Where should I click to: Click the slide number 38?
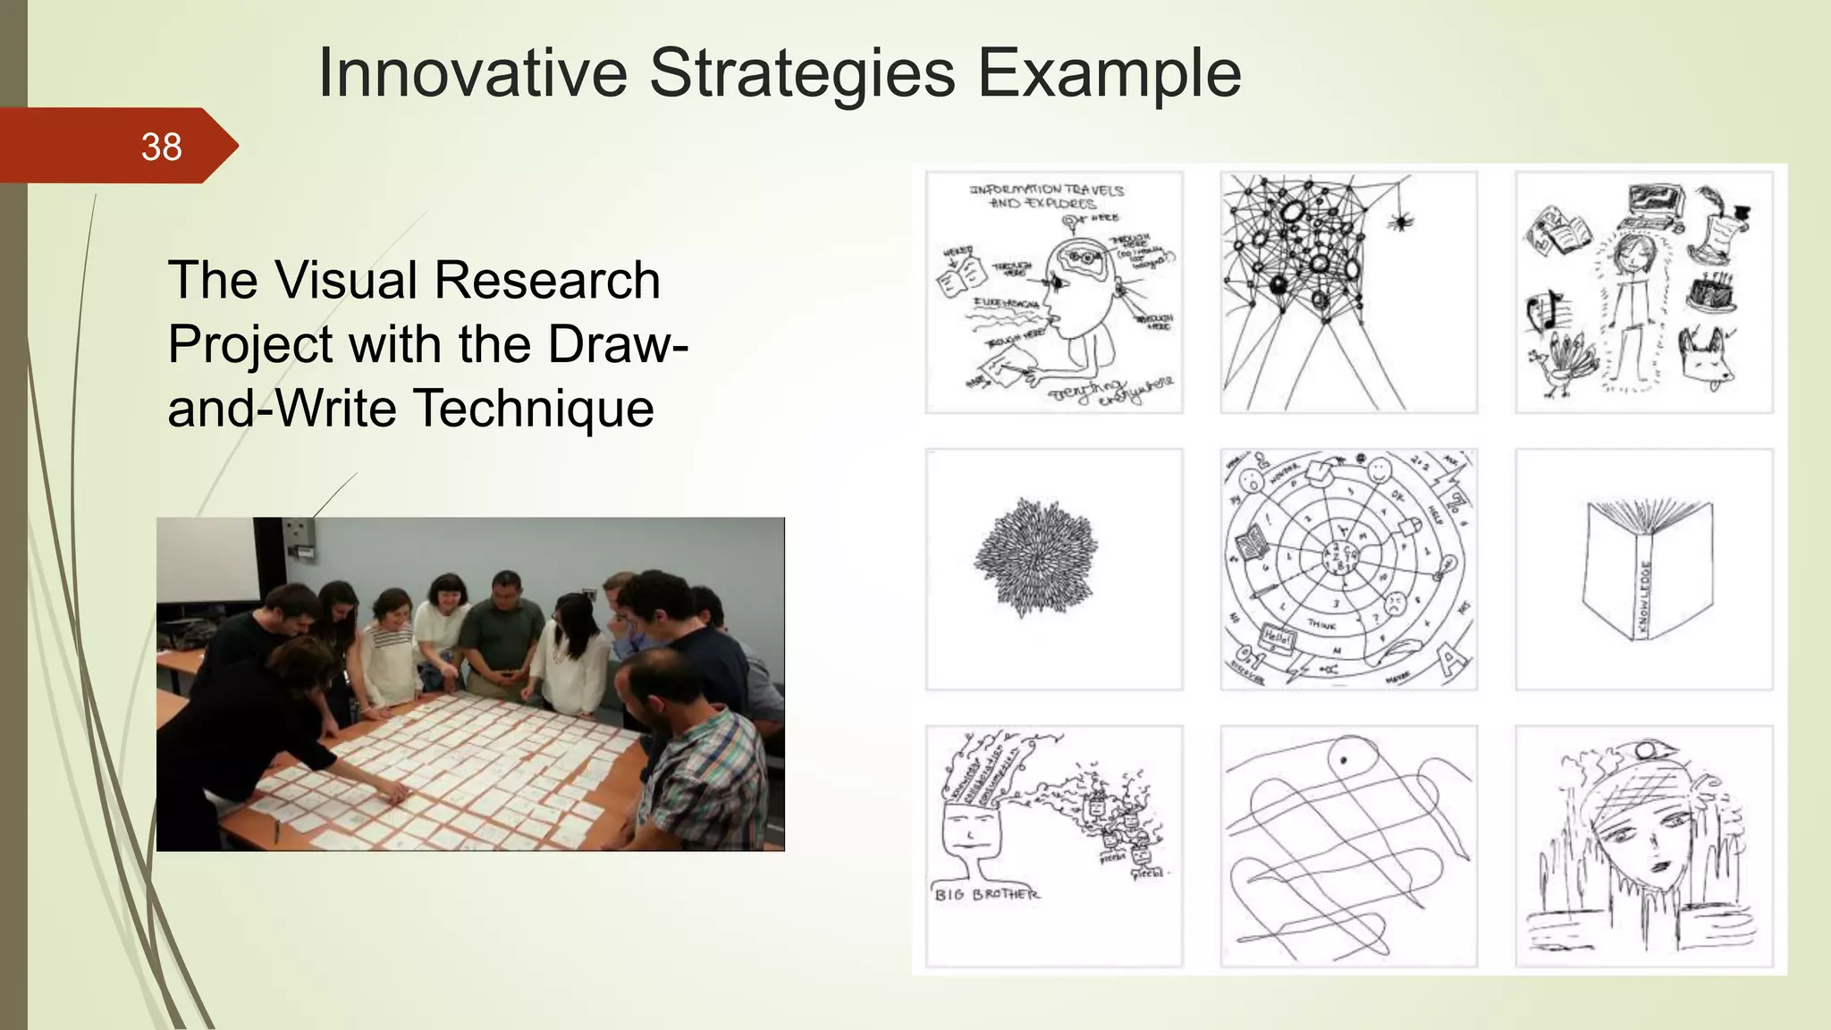pos(161,147)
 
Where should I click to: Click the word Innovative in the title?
pos(473,72)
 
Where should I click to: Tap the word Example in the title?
pos(1109,72)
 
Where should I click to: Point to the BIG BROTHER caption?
pos(986,894)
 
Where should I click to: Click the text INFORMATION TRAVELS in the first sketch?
pos(1046,190)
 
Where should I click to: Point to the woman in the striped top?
pos(389,648)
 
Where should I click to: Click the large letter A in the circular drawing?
pos(1447,662)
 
